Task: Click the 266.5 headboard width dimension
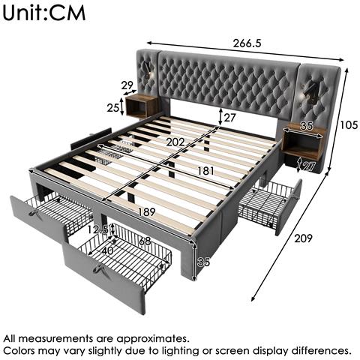point(247,43)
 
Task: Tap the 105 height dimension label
point(349,124)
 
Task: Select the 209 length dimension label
point(303,238)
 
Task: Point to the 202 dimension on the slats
point(175,142)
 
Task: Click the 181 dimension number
point(206,171)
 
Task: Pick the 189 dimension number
point(147,212)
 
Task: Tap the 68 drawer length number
point(145,241)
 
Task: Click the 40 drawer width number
point(108,250)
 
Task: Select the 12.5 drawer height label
point(98,229)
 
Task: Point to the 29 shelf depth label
point(127,85)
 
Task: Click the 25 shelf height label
point(112,108)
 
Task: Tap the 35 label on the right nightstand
point(307,126)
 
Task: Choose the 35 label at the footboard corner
point(203,262)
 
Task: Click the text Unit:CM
point(44,13)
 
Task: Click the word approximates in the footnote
point(152,339)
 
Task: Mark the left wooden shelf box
point(140,106)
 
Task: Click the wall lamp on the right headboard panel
point(308,94)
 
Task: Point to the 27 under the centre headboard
point(229,118)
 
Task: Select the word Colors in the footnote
point(19,351)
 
